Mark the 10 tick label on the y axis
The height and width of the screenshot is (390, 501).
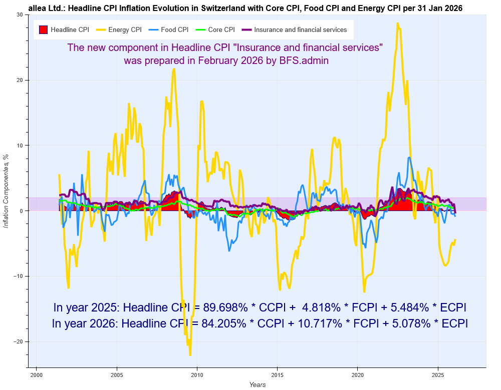point(20,145)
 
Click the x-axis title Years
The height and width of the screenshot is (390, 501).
point(258,384)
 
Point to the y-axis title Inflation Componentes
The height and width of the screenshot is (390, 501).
point(7,192)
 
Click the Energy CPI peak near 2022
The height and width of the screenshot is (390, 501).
point(398,23)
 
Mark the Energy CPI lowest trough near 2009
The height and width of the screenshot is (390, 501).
point(190,355)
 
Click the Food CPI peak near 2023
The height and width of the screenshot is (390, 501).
point(409,157)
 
